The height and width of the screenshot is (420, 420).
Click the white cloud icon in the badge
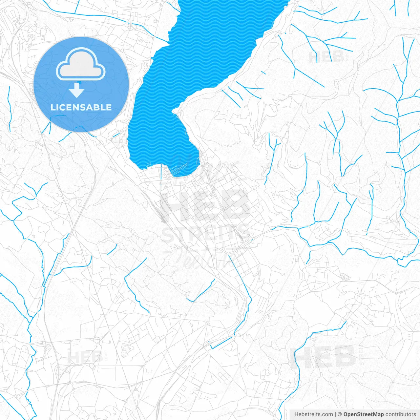point(81,64)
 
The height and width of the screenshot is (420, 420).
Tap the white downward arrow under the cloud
point(77,90)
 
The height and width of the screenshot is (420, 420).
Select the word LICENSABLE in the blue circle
point(81,107)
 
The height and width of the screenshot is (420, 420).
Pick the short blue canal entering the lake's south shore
point(161,172)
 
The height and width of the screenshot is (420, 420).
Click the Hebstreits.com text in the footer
point(313,414)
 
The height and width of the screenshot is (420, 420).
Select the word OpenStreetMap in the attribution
point(364,414)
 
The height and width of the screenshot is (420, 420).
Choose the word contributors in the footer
point(401,414)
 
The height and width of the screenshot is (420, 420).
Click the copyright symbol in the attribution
point(340,414)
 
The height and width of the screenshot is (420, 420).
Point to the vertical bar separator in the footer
point(335,414)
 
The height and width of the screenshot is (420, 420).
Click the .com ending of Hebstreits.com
point(326,414)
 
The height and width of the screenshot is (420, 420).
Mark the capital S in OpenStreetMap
point(359,414)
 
